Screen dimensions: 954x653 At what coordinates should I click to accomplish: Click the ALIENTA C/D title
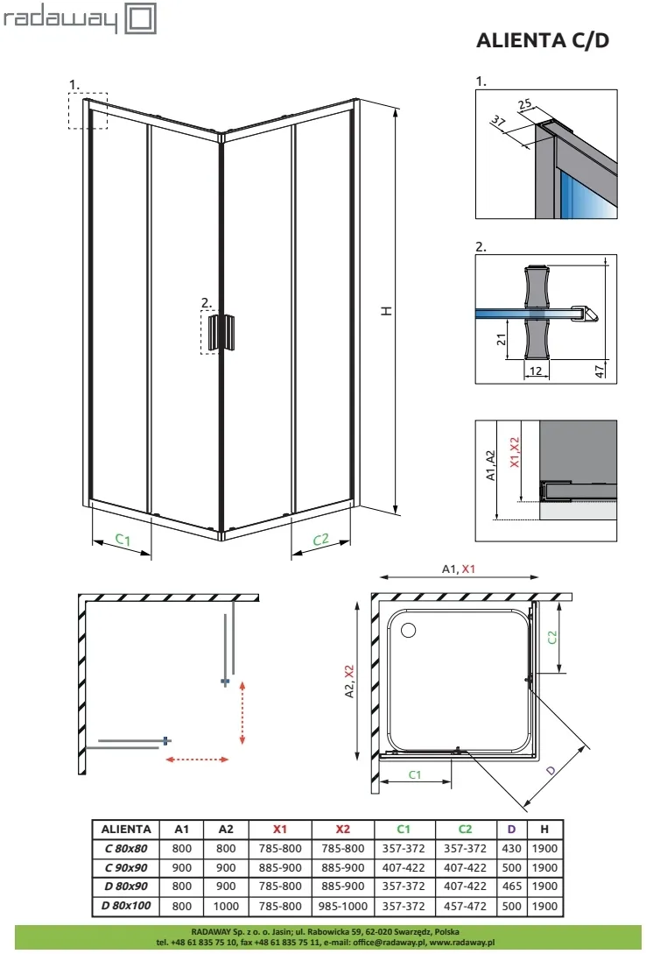pyautogui.click(x=541, y=40)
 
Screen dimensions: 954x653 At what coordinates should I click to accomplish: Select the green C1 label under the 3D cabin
pyautogui.click(x=123, y=541)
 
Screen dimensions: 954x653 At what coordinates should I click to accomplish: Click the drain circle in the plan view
pyautogui.click(x=408, y=630)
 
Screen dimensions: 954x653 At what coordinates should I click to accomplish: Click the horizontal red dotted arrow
pyautogui.click(x=198, y=760)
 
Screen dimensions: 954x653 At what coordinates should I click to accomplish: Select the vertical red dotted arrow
pyautogui.click(x=242, y=711)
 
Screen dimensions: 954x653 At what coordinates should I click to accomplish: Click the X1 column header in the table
pyautogui.click(x=280, y=829)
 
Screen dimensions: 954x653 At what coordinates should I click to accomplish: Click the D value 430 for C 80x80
pyautogui.click(x=512, y=848)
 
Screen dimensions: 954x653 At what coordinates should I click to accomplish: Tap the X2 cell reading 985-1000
pyautogui.click(x=342, y=906)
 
